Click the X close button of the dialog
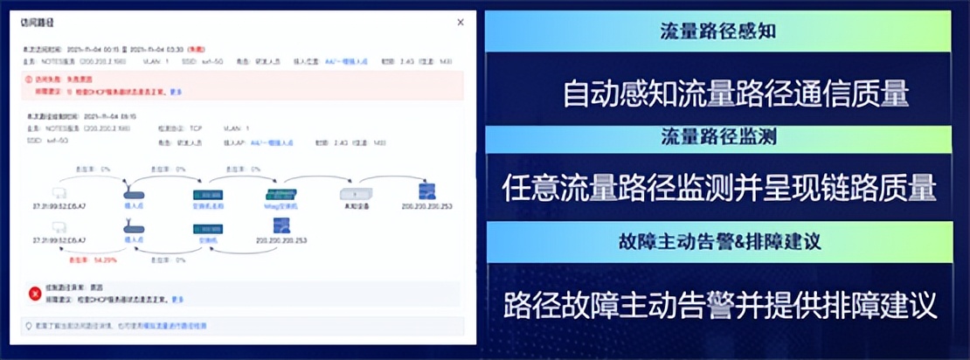coord(461,22)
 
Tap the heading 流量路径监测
coord(718,137)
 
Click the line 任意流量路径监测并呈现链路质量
coord(720,188)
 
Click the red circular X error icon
coord(35,293)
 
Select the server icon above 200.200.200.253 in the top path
coord(427,191)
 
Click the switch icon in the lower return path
coord(207,228)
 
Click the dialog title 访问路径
coord(36,23)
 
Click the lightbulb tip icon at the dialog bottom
coord(29,325)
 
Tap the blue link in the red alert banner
coord(176,91)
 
